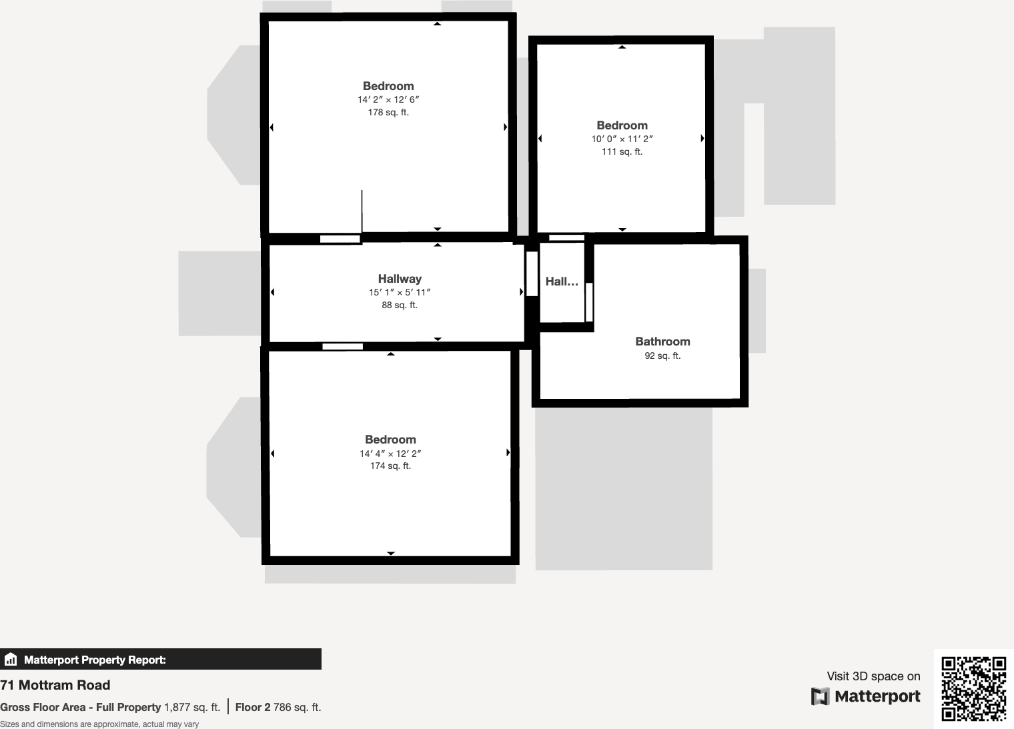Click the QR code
[x=973, y=688]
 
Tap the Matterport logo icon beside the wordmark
[x=820, y=696]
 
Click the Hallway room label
[x=400, y=279]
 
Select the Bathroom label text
[x=662, y=341]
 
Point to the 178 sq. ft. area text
[x=388, y=112]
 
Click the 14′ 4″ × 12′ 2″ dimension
[x=390, y=454]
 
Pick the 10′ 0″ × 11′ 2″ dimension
[x=622, y=139]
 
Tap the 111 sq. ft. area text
[x=622, y=151]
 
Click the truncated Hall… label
[x=562, y=281]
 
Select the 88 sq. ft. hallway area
[x=400, y=305]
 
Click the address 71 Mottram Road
[x=55, y=685]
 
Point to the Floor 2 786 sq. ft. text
[x=278, y=707]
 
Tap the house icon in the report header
[x=11, y=660]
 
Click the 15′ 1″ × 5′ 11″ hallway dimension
[x=400, y=292]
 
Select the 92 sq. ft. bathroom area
[x=662, y=355]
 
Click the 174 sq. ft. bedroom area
[x=390, y=466]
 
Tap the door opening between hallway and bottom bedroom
[x=343, y=346]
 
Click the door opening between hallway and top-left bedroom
[x=340, y=239]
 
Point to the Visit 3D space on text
[x=873, y=676]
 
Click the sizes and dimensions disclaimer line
[x=99, y=724]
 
